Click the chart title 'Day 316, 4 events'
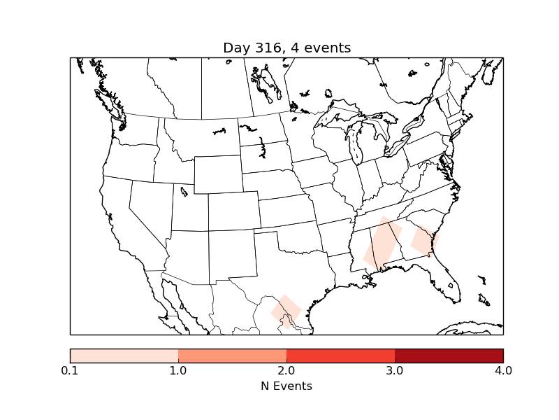[286, 48]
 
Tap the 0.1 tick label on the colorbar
[70, 370]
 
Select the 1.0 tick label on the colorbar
[178, 370]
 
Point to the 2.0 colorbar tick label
[286, 370]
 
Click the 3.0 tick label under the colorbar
[395, 370]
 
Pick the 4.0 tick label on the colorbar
[503, 370]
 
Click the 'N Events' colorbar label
[286, 386]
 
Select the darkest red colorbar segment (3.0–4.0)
[449, 355]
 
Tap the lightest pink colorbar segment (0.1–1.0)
[124, 355]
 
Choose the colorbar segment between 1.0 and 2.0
[232, 355]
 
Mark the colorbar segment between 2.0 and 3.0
[340, 355]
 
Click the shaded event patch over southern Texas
[286, 310]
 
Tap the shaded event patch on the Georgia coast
[424, 240]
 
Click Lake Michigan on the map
[353, 146]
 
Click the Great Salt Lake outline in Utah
[184, 190]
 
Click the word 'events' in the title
[329, 48]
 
